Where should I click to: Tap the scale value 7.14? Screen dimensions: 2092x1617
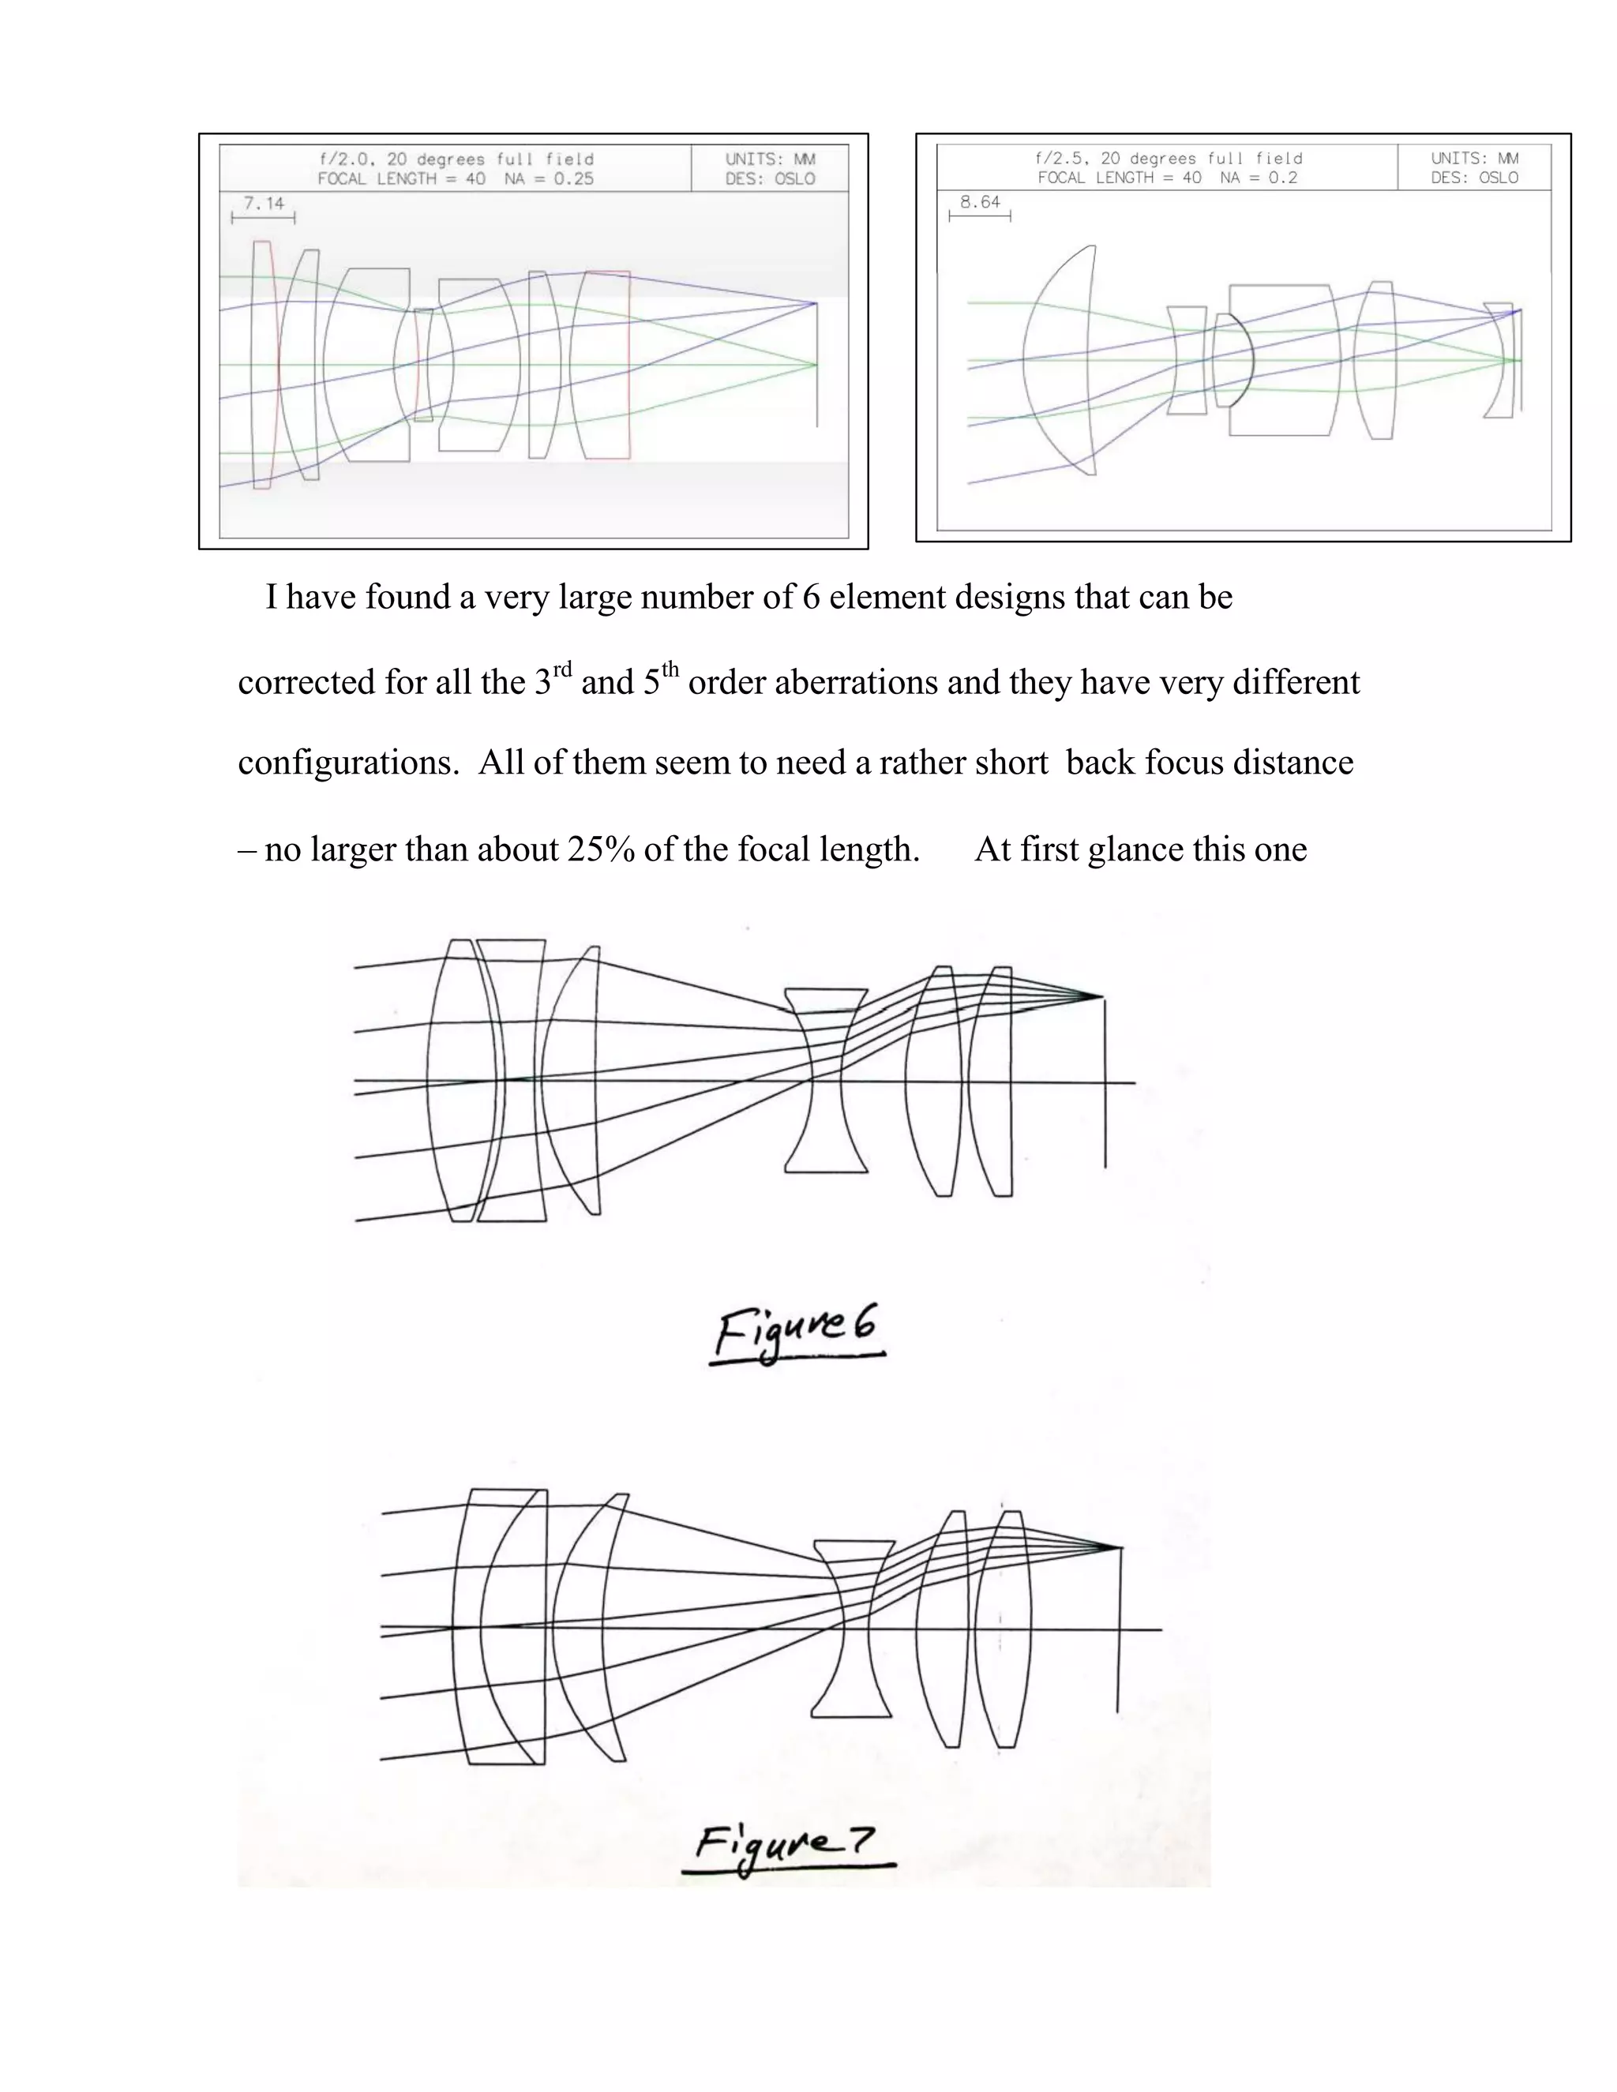tap(264, 203)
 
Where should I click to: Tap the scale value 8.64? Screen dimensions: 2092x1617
tap(980, 202)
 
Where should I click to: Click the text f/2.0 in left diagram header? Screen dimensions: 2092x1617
tap(341, 159)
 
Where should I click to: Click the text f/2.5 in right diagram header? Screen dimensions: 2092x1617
tap(1056, 158)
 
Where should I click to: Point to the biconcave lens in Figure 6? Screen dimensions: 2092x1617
tap(826, 1081)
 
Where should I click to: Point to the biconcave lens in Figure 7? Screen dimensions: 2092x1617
tap(853, 1629)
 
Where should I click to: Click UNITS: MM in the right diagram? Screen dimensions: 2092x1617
tap(1474, 158)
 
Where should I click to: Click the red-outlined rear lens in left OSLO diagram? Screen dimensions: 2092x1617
tap(602, 366)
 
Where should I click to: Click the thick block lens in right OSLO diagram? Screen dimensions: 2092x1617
tap(1284, 360)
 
